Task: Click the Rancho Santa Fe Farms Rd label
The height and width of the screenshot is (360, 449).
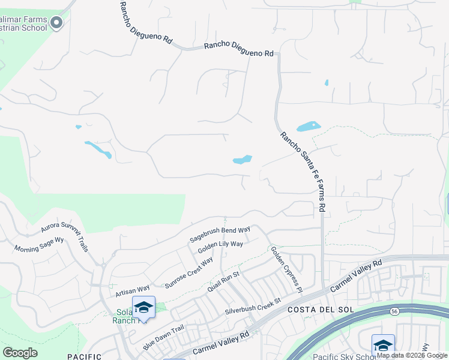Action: point(303,172)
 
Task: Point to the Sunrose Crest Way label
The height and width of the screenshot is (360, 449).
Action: point(189,273)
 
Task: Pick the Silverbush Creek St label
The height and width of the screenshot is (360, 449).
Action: point(253,307)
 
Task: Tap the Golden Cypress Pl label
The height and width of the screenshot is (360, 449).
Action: point(285,269)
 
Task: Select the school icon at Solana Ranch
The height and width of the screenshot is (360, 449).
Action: point(143,307)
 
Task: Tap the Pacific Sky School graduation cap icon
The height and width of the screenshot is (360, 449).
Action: point(383,344)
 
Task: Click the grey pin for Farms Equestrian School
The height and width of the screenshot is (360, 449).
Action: point(57,23)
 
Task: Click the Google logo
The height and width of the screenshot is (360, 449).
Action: point(20,353)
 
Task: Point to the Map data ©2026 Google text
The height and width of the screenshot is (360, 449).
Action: point(412,355)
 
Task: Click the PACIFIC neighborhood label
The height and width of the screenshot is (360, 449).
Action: point(84,356)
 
